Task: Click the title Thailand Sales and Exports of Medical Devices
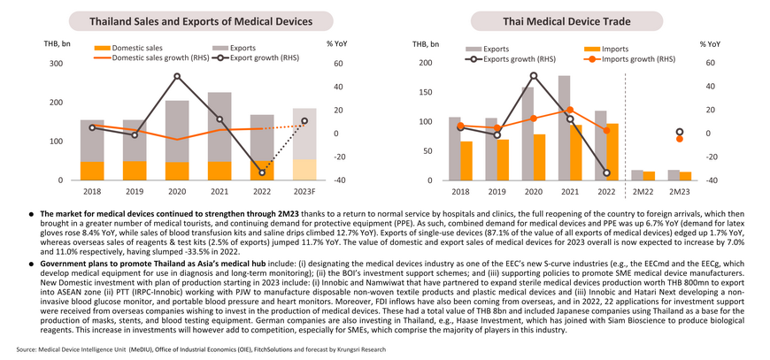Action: (x=201, y=21)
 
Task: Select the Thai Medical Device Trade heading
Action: (x=566, y=21)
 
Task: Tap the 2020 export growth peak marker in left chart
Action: (x=177, y=76)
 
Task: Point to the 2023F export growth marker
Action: (x=304, y=120)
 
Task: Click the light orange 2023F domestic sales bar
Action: (x=304, y=170)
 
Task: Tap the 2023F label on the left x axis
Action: (x=304, y=189)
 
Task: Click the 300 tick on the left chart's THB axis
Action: (x=56, y=64)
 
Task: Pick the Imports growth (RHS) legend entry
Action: (x=629, y=59)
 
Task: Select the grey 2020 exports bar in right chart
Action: (x=527, y=134)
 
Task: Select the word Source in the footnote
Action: (x=25, y=349)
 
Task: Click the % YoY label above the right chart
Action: (x=710, y=44)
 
